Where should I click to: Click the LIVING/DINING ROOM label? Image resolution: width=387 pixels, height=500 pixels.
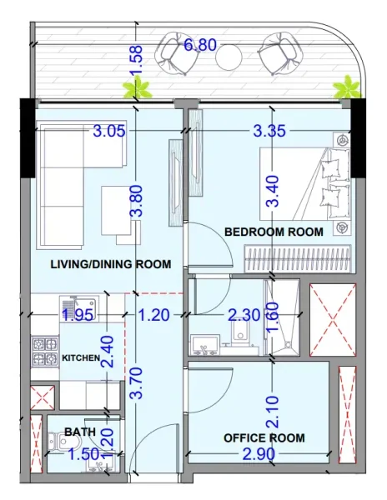(111, 264)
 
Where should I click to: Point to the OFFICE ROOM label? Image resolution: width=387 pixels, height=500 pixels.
(264, 437)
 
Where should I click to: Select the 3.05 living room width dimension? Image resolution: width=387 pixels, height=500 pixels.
(110, 130)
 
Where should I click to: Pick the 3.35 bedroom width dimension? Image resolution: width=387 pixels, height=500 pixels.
(269, 130)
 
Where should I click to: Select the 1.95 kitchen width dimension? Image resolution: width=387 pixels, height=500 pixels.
(77, 314)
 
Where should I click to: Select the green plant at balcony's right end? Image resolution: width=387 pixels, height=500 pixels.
(344, 86)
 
